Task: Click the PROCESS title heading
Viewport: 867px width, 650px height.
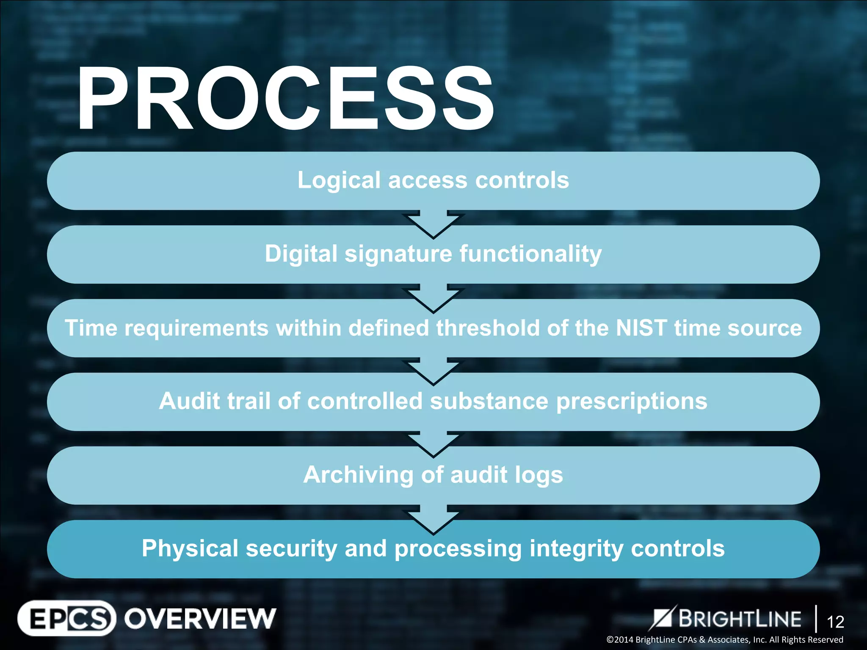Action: pos(284,99)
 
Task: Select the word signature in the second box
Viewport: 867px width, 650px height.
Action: pos(398,254)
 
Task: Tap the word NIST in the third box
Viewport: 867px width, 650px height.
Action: pos(641,328)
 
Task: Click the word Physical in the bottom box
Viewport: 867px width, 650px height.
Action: pos(190,549)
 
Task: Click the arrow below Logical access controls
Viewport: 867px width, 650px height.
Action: pos(433,224)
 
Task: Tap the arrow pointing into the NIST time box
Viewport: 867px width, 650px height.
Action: pos(433,298)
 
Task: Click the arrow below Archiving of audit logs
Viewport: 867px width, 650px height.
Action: pos(433,519)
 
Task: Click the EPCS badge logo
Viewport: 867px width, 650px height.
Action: pos(67,618)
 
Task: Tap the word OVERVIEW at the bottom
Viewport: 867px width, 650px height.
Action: pos(200,619)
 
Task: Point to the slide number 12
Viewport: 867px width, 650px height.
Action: pos(835,622)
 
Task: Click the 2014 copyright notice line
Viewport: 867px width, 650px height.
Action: pos(724,640)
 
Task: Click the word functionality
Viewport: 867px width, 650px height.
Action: pos(530,254)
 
